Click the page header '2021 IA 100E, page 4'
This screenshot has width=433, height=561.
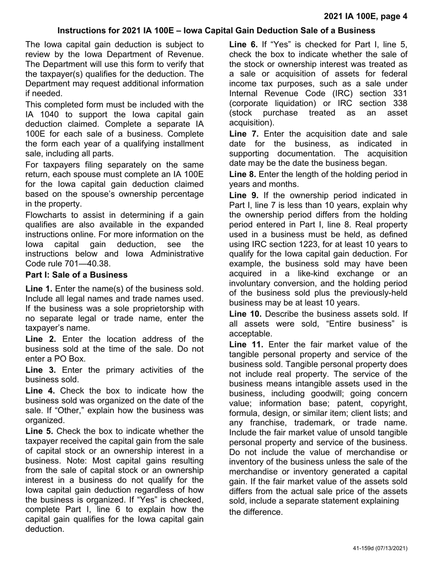(366, 17)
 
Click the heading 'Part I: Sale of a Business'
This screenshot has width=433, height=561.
(77, 275)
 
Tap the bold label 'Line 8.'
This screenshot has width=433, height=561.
(242, 174)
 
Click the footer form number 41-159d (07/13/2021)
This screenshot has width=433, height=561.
(380, 548)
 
